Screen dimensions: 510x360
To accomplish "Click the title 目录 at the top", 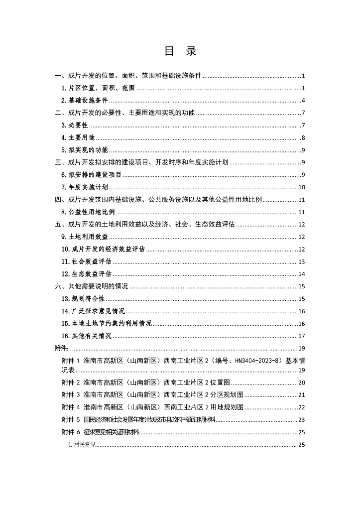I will coord(180,51).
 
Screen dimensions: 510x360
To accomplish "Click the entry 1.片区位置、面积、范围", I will coord(98,88).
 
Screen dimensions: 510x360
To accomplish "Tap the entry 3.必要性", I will coord(75,125).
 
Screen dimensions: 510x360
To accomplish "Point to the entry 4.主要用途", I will coord(78,137).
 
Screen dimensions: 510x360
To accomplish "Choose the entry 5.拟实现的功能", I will coord(85,150).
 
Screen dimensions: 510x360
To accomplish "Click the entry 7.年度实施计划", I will coord(85,187).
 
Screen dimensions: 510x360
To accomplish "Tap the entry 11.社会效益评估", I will coord(87,261).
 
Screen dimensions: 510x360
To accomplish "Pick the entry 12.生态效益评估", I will coord(87,274).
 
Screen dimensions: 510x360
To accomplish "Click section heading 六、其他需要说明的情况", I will coord(91,286).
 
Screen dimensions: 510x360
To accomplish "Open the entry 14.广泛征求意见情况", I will coord(93,311).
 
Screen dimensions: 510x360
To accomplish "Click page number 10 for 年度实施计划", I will coord(301,187).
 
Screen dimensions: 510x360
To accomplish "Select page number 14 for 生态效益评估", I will coord(301,274).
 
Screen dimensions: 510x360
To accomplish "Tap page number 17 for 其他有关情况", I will coord(301,336).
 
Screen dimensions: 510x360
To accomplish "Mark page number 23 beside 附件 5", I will coord(301,419).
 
